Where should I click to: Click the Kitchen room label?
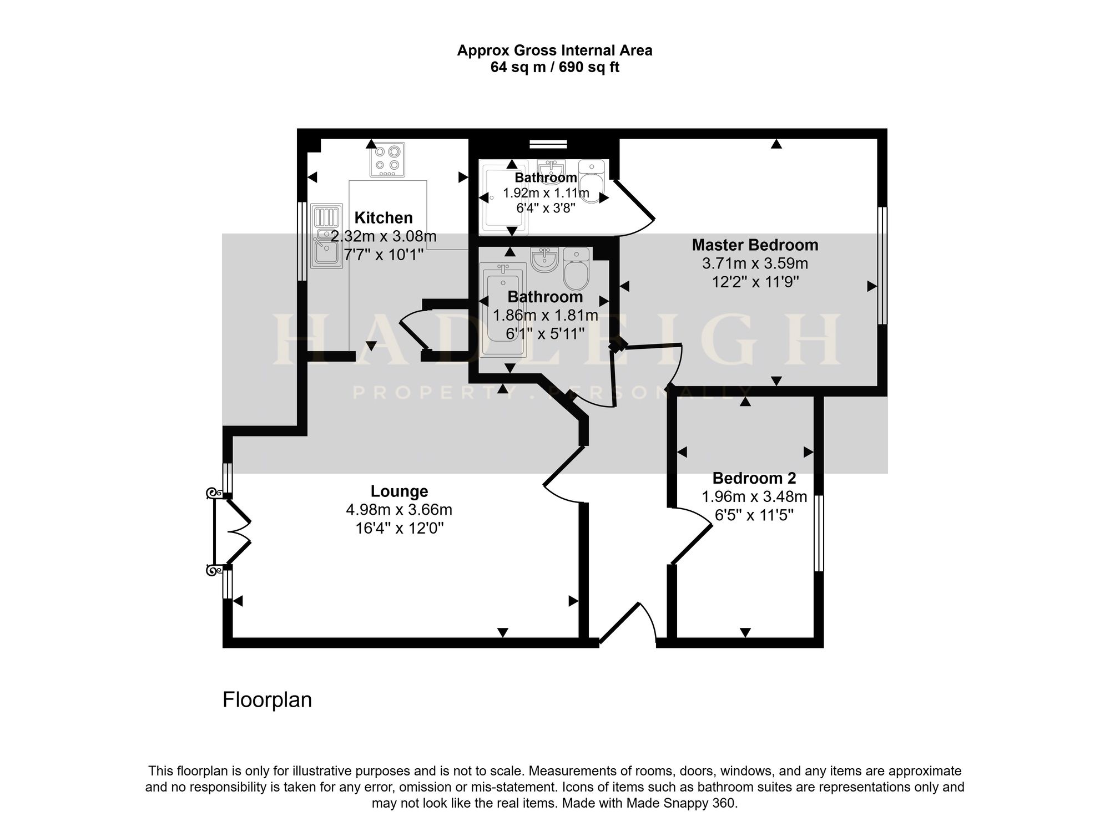pyautogui.click(x=384, y=217)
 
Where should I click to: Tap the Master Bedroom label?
pyautogui.click(x=755, y=245)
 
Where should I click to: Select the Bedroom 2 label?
pyautogui.click(x=754, y=478)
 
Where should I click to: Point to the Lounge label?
pyautogui.click(x=399, y=491)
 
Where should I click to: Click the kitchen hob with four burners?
pyautogui.click(x=387, y=160)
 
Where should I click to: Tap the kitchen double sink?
pyautogui.click(x=326, y=236)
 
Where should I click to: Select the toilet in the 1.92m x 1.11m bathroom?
pyautogui.click(x=592, y=181)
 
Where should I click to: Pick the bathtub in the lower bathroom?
pyautogui.click(x=501, y=308)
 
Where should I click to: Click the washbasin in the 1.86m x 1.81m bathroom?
pyautogui.click(x=544, y=260)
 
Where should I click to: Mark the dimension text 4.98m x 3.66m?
pyautogui.click(x=399, y=509)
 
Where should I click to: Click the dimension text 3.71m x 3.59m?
pyautogui.click(x=755, y=263)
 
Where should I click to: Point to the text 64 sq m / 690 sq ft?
pyautogui.click(x=555, y=68)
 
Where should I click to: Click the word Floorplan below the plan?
pyautogui.click(x=267, y=700)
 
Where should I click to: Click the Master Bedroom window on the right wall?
pyautogui.click(x=882, y=266)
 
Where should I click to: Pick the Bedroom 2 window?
pyautogui.click(x=819, y=533)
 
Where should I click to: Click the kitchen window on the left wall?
pyautogui.click(x=302, y=241)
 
